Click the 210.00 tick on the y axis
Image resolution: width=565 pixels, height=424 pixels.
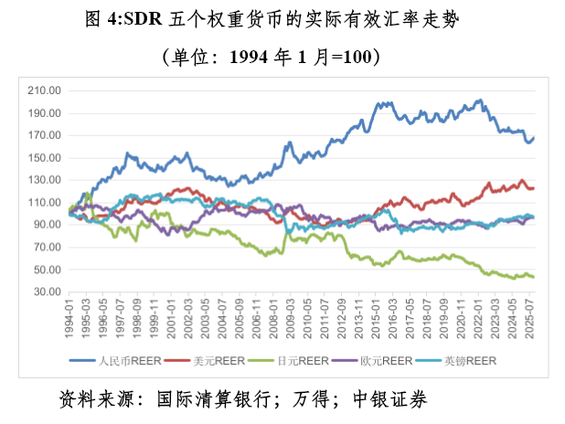click(x=45, y=90)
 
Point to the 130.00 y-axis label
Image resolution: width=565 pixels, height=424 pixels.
click(x=45, y=180)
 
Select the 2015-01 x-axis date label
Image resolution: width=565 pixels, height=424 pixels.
click(x=377, y=315)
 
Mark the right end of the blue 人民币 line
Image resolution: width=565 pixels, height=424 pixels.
click(x=534, y=138)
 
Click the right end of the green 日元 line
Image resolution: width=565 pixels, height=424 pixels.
click(x=534, y=277)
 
